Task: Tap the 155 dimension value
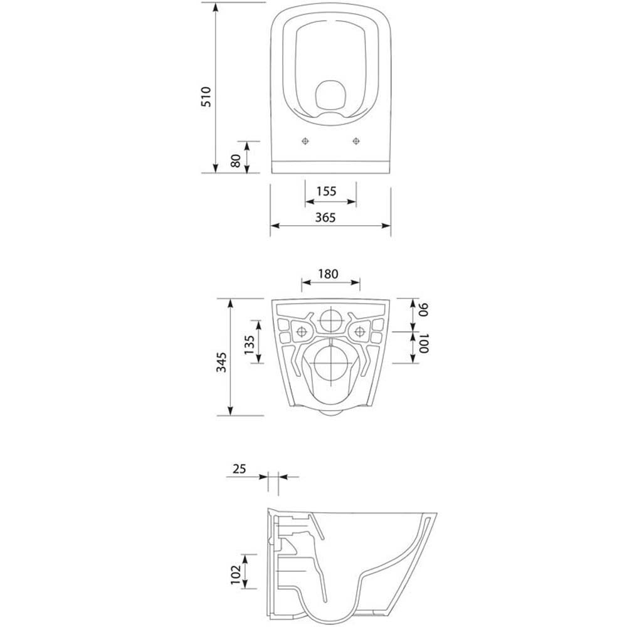pyautogui.click(x=326, y=191)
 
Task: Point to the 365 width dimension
pyautogui.click(x=326, y=218)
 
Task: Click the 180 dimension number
pyautogui.click(x=328, y=273)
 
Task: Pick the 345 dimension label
pyautogui.click(x=221, y=362)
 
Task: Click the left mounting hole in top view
pyautogui.click(x=305, y=141)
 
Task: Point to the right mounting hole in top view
pyautogui.click(x=356, y=141)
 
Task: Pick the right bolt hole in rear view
pyautogui.click(x=359, y=331)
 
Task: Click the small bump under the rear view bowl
pyautogui.click(x=330, y=412)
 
